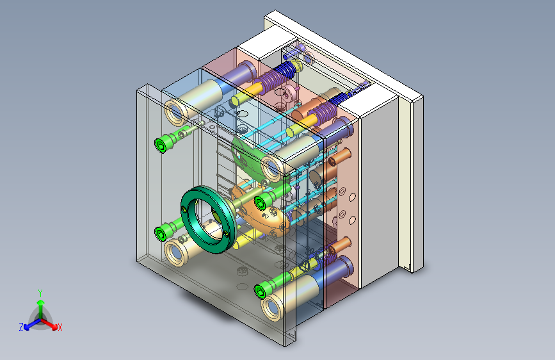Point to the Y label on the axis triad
[x=40, y=293]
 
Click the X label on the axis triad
[x=60, y=327]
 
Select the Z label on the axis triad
[x=21, y=327]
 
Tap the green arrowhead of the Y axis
[x=41, y=303]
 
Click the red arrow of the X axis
[x=49, y=323]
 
